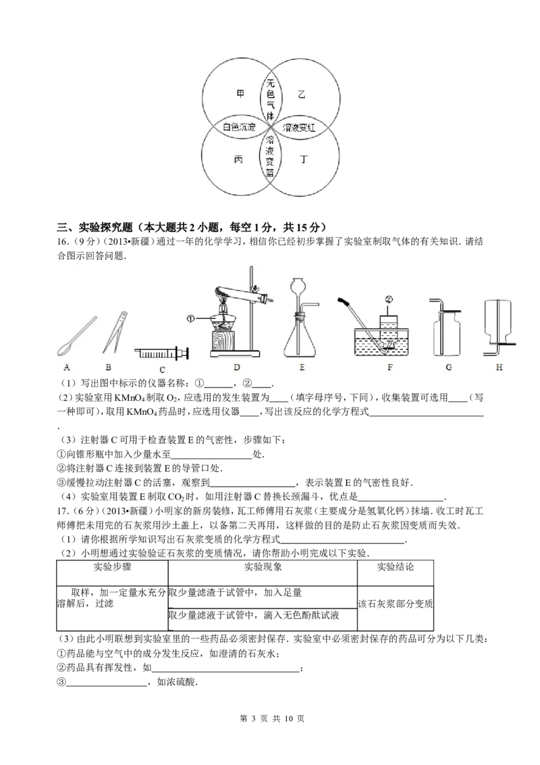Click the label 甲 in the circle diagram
pos(240,94)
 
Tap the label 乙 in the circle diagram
pos(302,94)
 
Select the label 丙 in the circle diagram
pos(239,159)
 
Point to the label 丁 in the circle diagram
pos(304,159)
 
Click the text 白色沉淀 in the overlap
pos(240,127)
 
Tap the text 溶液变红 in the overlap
pos(299,127)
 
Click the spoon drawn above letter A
pos(76,336)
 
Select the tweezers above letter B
pos(115,332)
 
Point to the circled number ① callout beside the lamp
pos(190,318)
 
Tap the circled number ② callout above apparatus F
pos(388,299)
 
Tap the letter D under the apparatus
pos(236,368)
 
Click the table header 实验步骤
pos(113,566)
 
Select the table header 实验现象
pos(263,566)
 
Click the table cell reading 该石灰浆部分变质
pos(396,603)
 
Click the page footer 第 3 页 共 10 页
pos(273,718)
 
